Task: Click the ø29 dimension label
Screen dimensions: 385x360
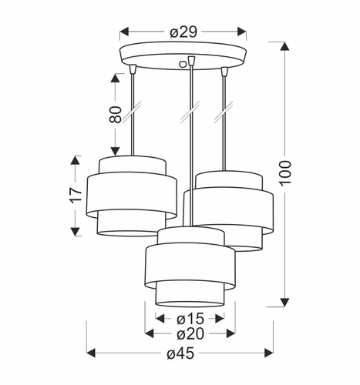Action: click(183, 32)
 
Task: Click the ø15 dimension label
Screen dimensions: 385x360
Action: click(189, 317)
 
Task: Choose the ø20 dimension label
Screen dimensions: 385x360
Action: click(189, 333)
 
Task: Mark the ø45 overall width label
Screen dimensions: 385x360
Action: click(183, 353)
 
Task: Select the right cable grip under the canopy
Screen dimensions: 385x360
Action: click(225, 72)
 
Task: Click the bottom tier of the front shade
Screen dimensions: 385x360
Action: click(189, 293)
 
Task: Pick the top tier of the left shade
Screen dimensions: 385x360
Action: click(133, 165)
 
